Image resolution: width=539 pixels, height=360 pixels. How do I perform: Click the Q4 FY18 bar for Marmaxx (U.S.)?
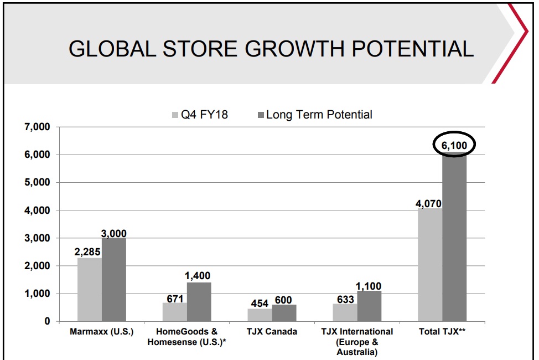[90, 289]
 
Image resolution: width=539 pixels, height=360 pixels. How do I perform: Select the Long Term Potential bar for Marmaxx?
[114, 279]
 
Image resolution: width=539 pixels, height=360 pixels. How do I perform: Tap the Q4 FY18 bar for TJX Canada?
[260, 315]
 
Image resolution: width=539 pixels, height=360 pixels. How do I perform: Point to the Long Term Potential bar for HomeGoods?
[199, 302]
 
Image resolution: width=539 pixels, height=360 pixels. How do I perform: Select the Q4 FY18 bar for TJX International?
[345, 312]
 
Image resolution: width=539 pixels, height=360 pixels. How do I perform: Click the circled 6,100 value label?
[454, 146]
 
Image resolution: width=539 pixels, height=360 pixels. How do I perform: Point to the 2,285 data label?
[89, 251]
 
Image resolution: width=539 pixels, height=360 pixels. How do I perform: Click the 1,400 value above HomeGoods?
[198, 276]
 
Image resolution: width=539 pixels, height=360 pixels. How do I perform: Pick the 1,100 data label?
[368, 286]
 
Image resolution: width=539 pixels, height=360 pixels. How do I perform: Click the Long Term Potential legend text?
[319, 115]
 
